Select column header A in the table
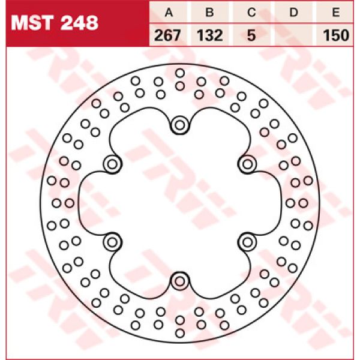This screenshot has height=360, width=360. click(x=169, y=12)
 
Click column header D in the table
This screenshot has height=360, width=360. click(x=294, y=12)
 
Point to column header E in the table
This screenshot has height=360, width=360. click(x=336, y=12)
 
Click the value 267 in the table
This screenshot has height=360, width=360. click(x=169, y=35)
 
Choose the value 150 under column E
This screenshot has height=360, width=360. click(x=336, y=35)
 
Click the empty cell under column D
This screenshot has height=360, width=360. click(x=294, y=35)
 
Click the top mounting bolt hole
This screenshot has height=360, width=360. click(x=179, y=125)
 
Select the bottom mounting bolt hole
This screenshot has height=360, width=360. click(x=179, y=281)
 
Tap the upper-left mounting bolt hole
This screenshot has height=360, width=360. click(x=112, y=164)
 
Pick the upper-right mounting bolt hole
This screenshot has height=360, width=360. click(x=247, y=164)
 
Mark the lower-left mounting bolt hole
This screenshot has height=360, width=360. click(x=112, y=242)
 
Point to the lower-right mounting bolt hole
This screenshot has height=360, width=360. click(x=247, y=242)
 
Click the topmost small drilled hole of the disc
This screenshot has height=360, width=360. click(x=179, y=73)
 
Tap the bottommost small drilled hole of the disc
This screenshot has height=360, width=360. click(x=179, y=334)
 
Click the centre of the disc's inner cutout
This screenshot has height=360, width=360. click(x=179, y=203)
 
